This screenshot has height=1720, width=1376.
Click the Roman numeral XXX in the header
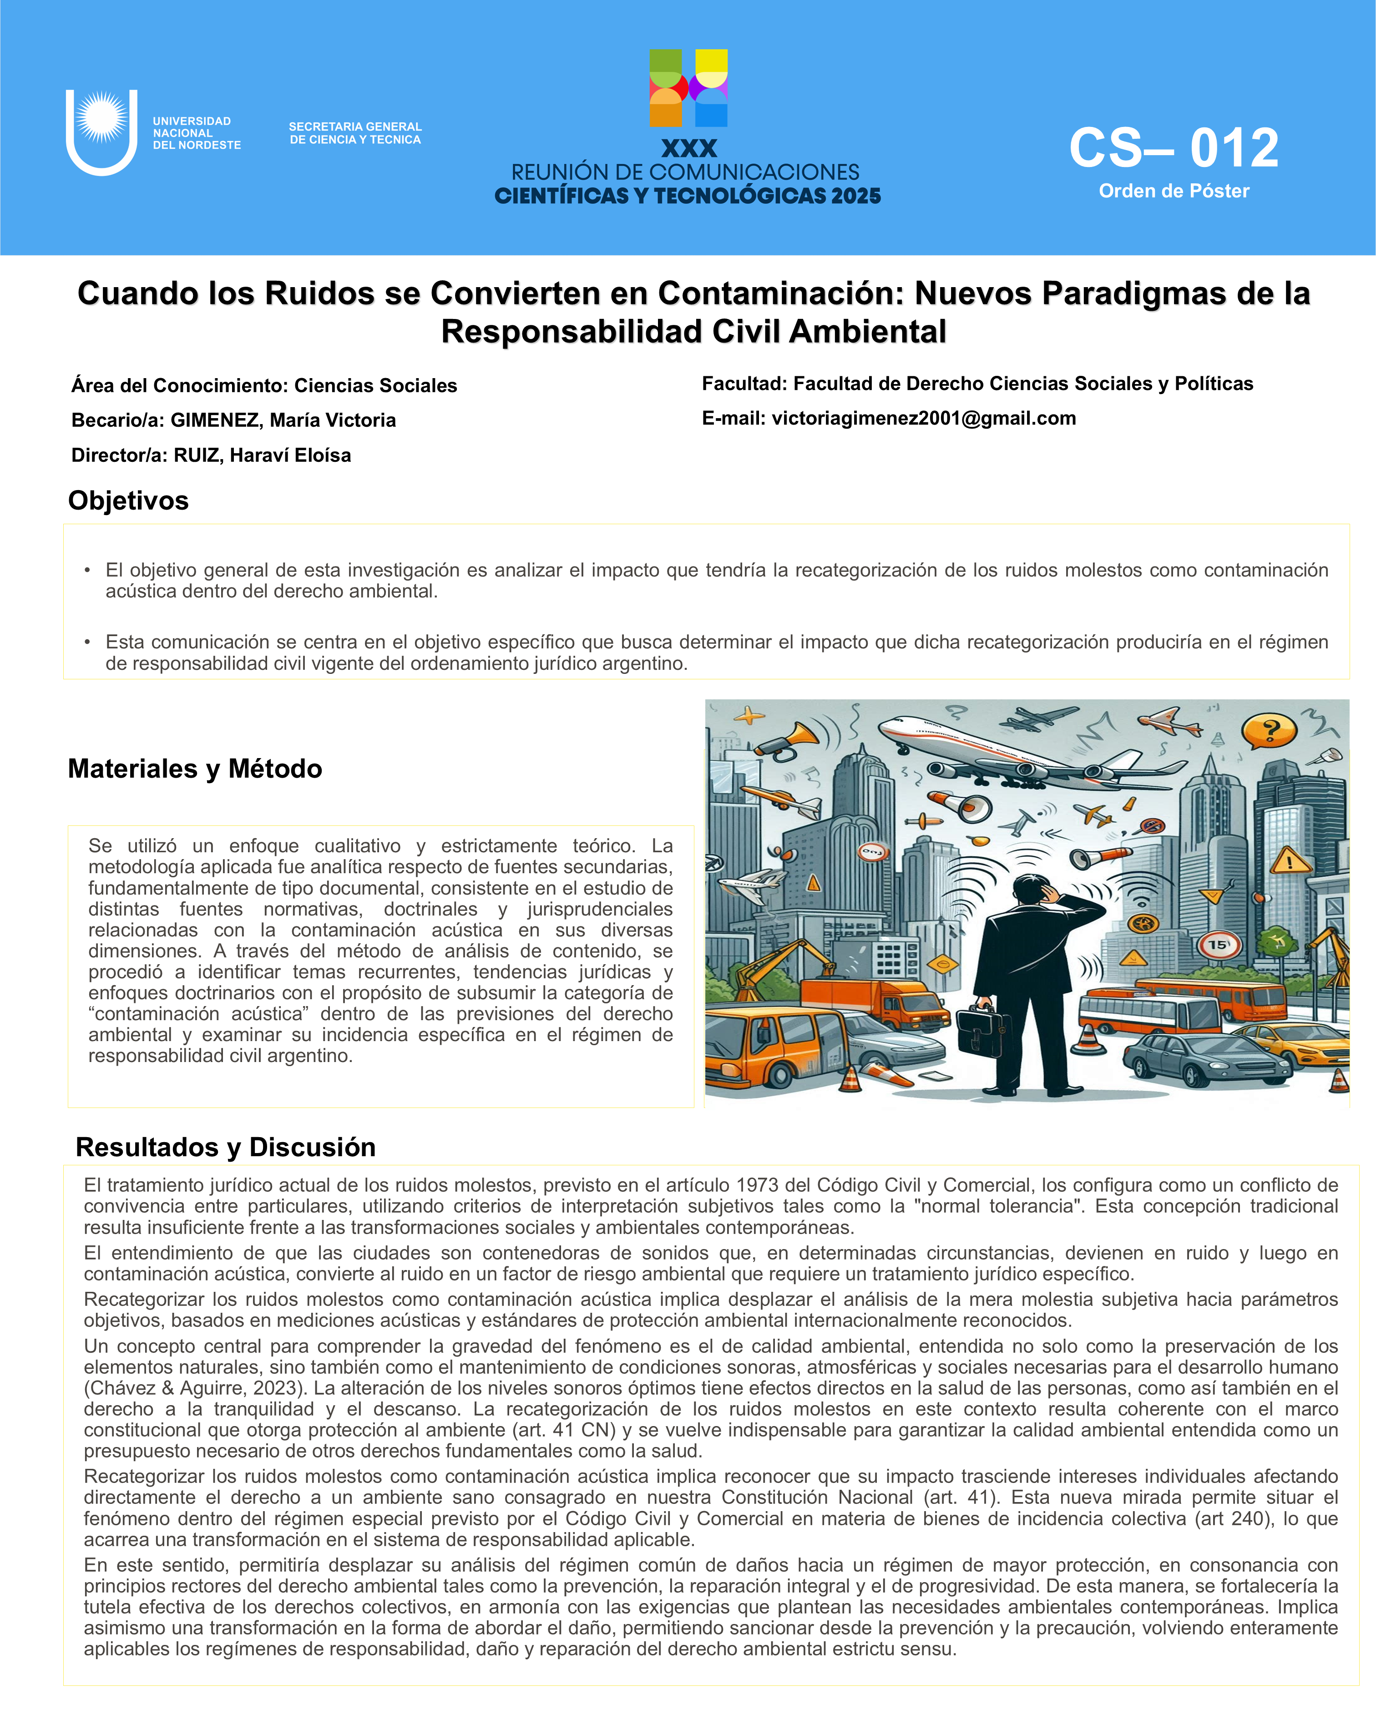pos(689,148)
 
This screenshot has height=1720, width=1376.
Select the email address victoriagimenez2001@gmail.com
pos(924,418)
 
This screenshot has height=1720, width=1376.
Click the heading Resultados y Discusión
pos(226,1147)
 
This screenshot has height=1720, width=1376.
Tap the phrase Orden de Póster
pos(1174,192)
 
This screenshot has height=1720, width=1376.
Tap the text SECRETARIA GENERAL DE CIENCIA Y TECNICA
pos(355,133)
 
